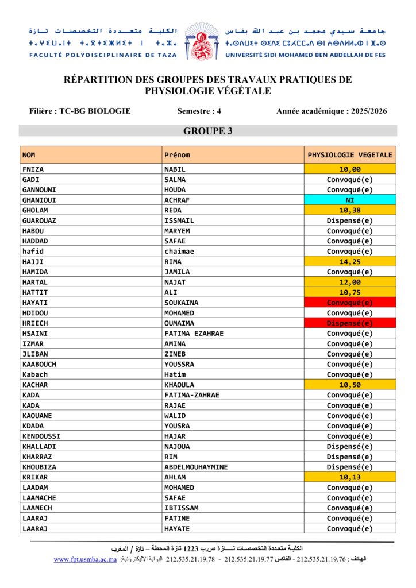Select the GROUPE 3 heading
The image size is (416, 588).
[207, 131]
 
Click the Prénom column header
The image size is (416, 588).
[177, 155]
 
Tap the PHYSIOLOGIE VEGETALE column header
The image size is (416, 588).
[350, 155]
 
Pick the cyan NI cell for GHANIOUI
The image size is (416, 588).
[350, 200]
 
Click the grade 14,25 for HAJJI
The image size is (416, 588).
[350, 262]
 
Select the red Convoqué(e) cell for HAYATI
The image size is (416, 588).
[350, 303]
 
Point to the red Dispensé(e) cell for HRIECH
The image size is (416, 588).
[350, 323]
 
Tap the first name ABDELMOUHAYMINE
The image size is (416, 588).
[196, 467]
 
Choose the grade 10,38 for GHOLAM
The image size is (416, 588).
[350, 211]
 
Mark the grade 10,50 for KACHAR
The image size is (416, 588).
[350, 385]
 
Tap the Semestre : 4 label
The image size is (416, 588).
[199, 111]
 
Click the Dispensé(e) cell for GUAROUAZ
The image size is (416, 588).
[350, 220]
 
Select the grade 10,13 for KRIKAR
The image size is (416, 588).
[350, 478]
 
